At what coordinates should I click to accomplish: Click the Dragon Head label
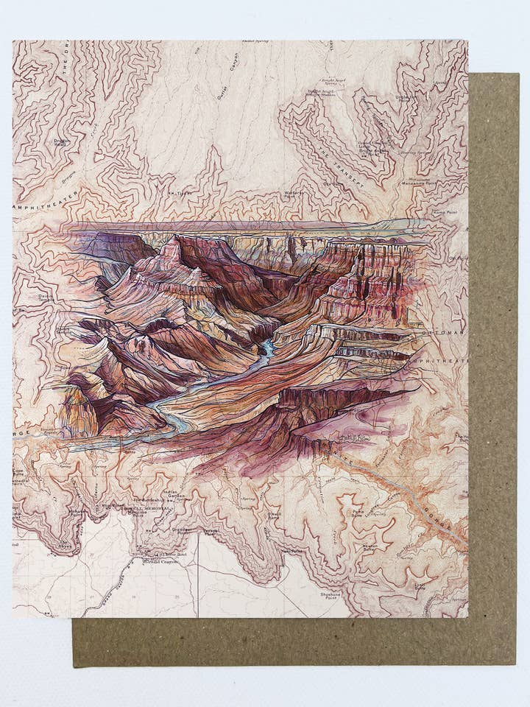tap(61, 142)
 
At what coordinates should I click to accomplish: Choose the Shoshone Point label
tap(331, 596)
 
